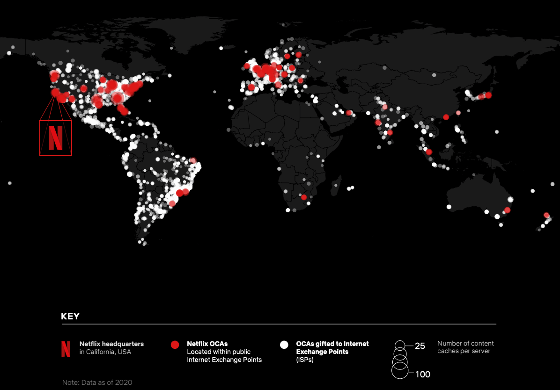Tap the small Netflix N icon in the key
point(66,349)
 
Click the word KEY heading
point(70,317)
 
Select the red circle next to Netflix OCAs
point(175,345)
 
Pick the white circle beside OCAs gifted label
point(284,345)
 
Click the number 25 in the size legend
point(420,346)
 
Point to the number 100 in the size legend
point(422,374)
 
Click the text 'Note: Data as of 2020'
point(97,383)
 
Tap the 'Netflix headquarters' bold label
point(111,344)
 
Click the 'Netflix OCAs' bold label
point(207,344)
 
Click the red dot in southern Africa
point(304,197)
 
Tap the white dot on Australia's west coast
point(449,207)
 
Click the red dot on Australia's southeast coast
point(508,210)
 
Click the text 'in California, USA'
point(105,352)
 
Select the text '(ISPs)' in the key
point(305,360)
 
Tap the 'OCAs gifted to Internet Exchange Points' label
point(332,347)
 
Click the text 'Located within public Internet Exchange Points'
point(224,355)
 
